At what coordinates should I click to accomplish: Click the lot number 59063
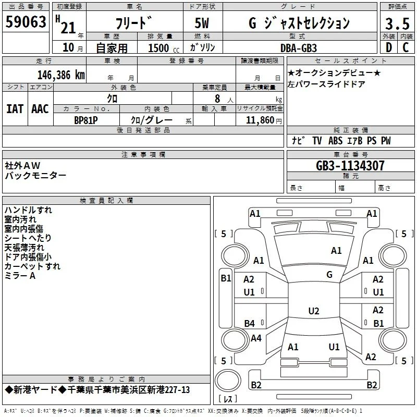pyautogui.click(x=26, y=22)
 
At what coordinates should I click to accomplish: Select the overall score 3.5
pyautogui.click(x=397, y=23)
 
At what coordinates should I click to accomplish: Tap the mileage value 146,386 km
pyautogui.click(x=61, y=75)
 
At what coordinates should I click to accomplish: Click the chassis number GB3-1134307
pyautogui.click(x=350, y=166)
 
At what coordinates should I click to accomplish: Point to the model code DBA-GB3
pyautogui.click(x=299, y=48)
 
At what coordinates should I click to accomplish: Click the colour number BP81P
pyautogui.click(x=86, y=120)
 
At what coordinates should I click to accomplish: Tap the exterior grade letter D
pyautogui.click(x=389, y=47)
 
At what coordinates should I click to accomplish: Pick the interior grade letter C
pyautogui.click(x=406, y=47)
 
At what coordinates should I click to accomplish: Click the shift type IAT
pyautogui.click(x=15, y=109)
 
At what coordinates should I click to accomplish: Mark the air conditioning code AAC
pyautogui.click(x=40, y=109)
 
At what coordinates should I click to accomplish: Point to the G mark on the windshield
pyautogui.click(x=329, y=275)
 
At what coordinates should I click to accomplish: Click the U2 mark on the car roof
pyautogui.click(x=314, y=311)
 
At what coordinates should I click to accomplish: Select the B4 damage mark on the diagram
pyautogui.click(x=249, y=323)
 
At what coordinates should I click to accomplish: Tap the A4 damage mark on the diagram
pyautogui.click(x=256, y=338)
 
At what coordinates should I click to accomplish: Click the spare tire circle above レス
pyautogui.click(x=228, y=381)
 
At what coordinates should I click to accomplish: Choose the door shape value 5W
pyautogui.click(x=202, y=23)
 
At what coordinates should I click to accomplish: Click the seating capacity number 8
pyautogui.click(x=217, y=99)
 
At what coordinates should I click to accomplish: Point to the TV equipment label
pyautogui.click(x=317, y=140)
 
